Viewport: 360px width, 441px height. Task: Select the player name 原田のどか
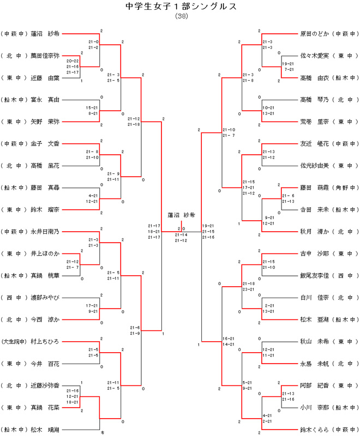pyautogui.click(x=315, y=33)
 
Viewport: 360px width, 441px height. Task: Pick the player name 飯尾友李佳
pyautogui.click(x=315, y=275)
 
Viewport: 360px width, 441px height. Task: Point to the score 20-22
pyautogui.click(x=73, y=61)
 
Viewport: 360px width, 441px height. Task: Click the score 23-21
pyautogui.click(x=249, y=289)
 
